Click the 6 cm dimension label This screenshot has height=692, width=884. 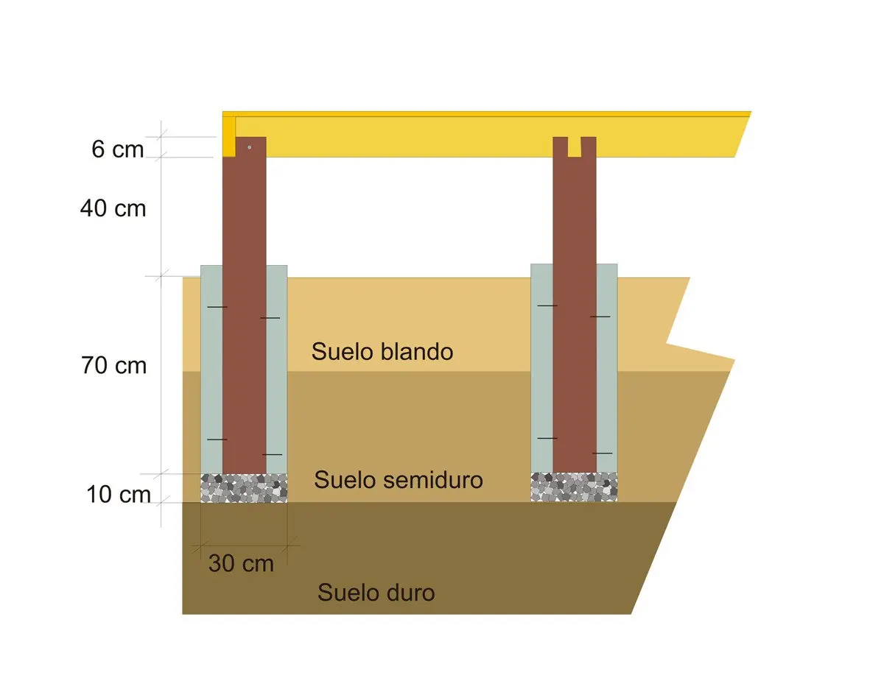pos(118,149)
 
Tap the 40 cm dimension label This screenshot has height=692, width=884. pos(113,208)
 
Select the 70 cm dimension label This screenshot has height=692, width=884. pos(114,365)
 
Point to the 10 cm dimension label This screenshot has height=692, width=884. pos(119,495)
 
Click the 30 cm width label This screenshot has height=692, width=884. pos(241,563)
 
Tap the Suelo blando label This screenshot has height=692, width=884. pos(382,351)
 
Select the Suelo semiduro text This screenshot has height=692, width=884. pos(399,480)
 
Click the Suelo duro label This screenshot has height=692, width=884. pos(376,593)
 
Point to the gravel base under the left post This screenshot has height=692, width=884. pos(244,488)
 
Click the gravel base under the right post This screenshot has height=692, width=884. pos(574,487)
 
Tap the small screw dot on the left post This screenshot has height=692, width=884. pos(250,147)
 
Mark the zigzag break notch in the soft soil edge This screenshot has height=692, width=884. pos(667,343)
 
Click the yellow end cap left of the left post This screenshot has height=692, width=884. pos(229,137)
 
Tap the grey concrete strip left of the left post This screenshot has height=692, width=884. pos(211,370)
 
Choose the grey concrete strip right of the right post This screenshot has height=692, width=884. pos(607,368)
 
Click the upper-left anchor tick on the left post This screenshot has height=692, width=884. pos(217,307)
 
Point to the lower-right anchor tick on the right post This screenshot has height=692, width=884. pos(602,453)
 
